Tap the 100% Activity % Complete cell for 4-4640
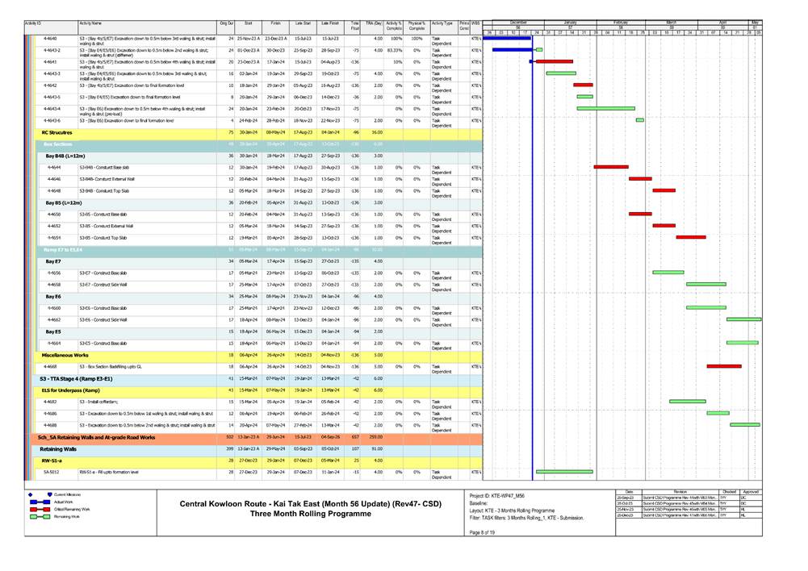tap(396, 39)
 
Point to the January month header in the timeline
tap(570, 22)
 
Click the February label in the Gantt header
tap(620, 22)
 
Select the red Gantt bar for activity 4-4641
tap(554, 61)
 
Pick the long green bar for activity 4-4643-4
tap(605, 108)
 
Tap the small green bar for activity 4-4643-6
tap(640, 120)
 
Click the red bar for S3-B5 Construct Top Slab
tap(691, 237)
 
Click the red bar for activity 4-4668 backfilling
tap(723, 366)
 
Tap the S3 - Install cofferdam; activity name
tap(105, 401)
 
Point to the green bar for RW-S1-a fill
tap(564, 471)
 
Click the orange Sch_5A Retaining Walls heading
tap(96, 436)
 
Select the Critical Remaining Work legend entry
tap(73, 510)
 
